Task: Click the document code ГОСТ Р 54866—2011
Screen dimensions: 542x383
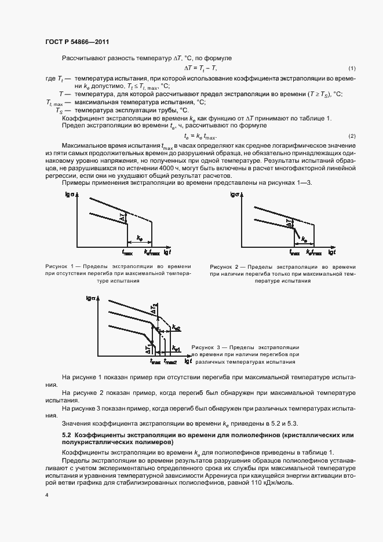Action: pyautogui.click(x=76, y=42)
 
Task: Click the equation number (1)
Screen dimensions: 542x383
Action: pyautogui.click(x=351, y=68)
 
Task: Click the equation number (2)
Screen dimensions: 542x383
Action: pyautogui.click(x=351, y=135)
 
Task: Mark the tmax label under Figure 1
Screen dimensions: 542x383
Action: pyautogui.click(x=127, y=252)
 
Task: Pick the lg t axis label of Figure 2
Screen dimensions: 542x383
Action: pyautogui.click(x=332, y=252)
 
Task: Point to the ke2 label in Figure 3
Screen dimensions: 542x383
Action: pyautogui.click(x=176, y=328)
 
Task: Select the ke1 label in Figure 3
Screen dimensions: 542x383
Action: pyautogui.click(x=177, y=349)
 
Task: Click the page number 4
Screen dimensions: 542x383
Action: pyautogui.click(x=46, y=496)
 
